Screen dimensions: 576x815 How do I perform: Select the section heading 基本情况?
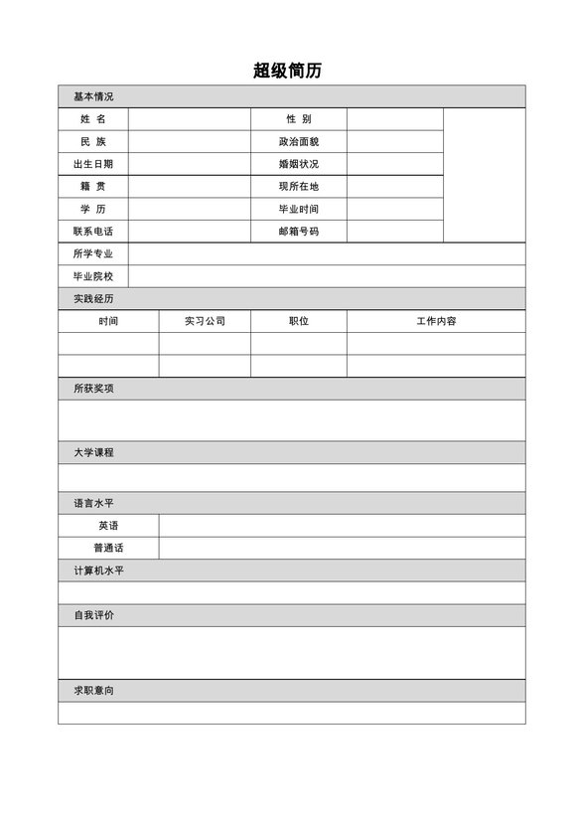coord(93,96)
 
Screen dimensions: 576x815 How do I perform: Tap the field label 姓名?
coord(92,119)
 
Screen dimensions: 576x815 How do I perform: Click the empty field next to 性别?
coord(394,119)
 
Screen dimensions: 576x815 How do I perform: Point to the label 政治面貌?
coord(299,142)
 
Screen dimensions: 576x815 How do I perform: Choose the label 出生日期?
coord(92,164)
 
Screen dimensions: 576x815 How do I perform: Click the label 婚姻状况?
coord(299,164)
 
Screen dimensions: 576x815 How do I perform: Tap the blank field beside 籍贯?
coord(188,187)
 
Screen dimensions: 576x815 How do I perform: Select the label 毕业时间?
coord(299,210)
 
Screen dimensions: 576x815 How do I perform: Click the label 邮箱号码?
coord(299,232)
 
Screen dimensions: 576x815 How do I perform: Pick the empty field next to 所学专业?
coord(326,254)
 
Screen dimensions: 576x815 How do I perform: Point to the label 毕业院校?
coord(92,276)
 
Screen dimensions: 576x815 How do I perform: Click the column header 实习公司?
coord(205,321)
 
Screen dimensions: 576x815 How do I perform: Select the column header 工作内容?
coord(436,321)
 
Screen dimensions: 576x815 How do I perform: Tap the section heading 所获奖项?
coord(93,389)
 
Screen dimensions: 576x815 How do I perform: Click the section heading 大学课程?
coord(93,452)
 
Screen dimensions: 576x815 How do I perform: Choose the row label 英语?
coord(108,526)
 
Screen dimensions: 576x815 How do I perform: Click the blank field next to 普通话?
coord(342,548)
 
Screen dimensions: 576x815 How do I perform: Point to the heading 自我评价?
coord(93,615)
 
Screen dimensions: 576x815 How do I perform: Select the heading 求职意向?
coord(93,691)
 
